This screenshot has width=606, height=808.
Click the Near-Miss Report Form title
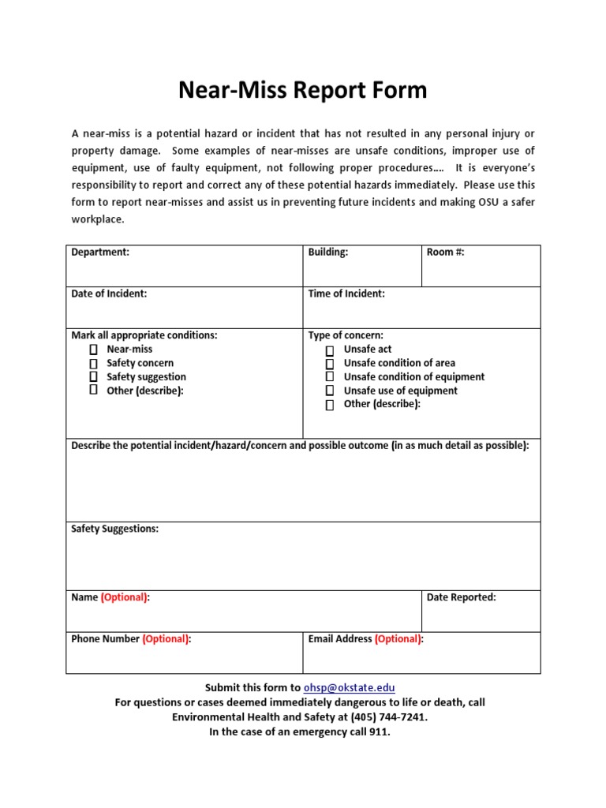pyautogui.click(x=302, y=90)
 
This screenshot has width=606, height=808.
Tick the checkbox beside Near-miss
pyautogui.click(x=93, y=350)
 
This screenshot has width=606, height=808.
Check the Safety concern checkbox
pyautogui.click(x=93, y=364)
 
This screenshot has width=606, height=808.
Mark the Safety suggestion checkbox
pyautogui.click(x=93, y=377)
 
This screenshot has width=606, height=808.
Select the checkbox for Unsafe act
pyautogui.click(x=330, y=350)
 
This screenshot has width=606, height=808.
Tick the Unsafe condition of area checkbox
pyautogui.click(x=330, y=364)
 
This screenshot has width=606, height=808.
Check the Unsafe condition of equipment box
pyautogui.click(x=330, y=377)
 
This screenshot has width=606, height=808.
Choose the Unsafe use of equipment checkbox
pyautogui.click(x=330, y=391)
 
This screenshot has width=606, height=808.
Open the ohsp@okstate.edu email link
pyautogui.click(x=344, y=688)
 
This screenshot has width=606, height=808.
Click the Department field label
pyautogui.click(x=100, y=252)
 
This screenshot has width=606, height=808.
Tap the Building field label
pyautogui.click(x=327, y=252)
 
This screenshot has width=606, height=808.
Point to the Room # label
pyautogui.click(x=445, y=252)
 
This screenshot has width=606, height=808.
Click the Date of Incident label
pyautogui.click(x=109, y=294)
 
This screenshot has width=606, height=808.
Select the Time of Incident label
pyautogui.click(x=346, y=294)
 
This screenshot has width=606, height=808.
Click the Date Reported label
pyautogui.click(x=461, y=597)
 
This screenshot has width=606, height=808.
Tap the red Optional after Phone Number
pyautogui.click(x=166, y=639)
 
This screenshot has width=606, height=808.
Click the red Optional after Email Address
pyautogui.click(x=398, y=639)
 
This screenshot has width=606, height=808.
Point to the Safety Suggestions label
pyautogui.click(x=114, y=529)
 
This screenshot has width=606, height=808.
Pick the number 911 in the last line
pyautogui.click(x=379, y=732)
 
